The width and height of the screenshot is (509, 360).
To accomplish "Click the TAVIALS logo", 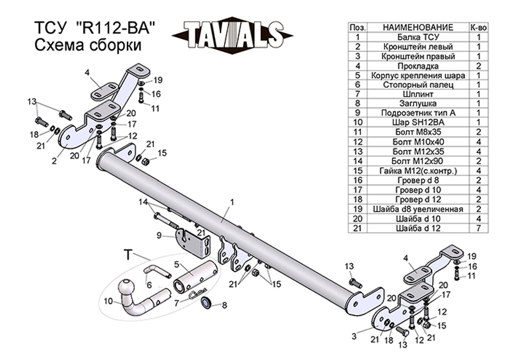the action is pos(233,35).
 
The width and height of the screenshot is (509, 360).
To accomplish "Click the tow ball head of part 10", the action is pos(127,288).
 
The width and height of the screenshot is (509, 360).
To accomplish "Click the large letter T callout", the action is pos(128,255).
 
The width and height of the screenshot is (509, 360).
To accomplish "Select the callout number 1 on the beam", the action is pos(232,202).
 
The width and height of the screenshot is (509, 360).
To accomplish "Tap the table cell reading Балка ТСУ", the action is pos(418,37).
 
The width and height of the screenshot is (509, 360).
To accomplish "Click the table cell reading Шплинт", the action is pos(418,94).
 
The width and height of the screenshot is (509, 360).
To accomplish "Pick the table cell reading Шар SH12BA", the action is pos(418,122).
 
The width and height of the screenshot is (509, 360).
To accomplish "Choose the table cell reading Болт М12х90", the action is pos(418,161).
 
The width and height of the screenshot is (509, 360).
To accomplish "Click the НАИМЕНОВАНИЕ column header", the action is pos(418,27).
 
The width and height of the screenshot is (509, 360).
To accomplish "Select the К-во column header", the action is pos(479,27).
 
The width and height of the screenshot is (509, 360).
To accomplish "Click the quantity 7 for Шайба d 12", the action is pos(479,228).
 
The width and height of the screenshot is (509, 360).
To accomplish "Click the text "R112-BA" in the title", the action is pos(117,28).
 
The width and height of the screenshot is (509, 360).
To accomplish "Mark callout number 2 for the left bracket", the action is pos(54,160).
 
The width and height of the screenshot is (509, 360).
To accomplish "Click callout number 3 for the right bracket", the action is pos(354,336).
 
